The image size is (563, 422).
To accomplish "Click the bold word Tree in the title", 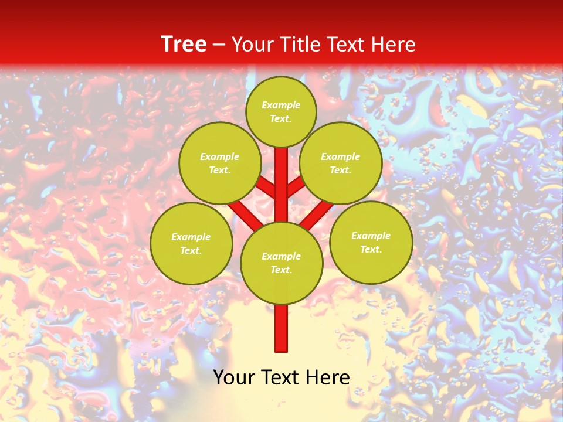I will point(184,45).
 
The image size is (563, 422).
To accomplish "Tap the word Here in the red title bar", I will point(394,45).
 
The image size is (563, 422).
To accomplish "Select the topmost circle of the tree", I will point(281,111).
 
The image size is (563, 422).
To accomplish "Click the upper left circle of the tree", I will point(220,163).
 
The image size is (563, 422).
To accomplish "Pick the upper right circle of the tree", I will point(341,163).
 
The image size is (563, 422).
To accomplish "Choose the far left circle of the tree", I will point(191,243).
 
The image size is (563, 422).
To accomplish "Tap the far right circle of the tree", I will point(371,242).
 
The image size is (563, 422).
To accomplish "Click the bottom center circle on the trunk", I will point(281,263).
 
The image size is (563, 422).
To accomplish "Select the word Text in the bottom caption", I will point(281,377).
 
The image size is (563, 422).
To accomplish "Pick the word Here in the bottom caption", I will point(328,377).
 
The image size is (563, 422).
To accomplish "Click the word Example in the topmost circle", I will point(281,105).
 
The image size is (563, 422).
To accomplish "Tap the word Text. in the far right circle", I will point(371,249).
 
